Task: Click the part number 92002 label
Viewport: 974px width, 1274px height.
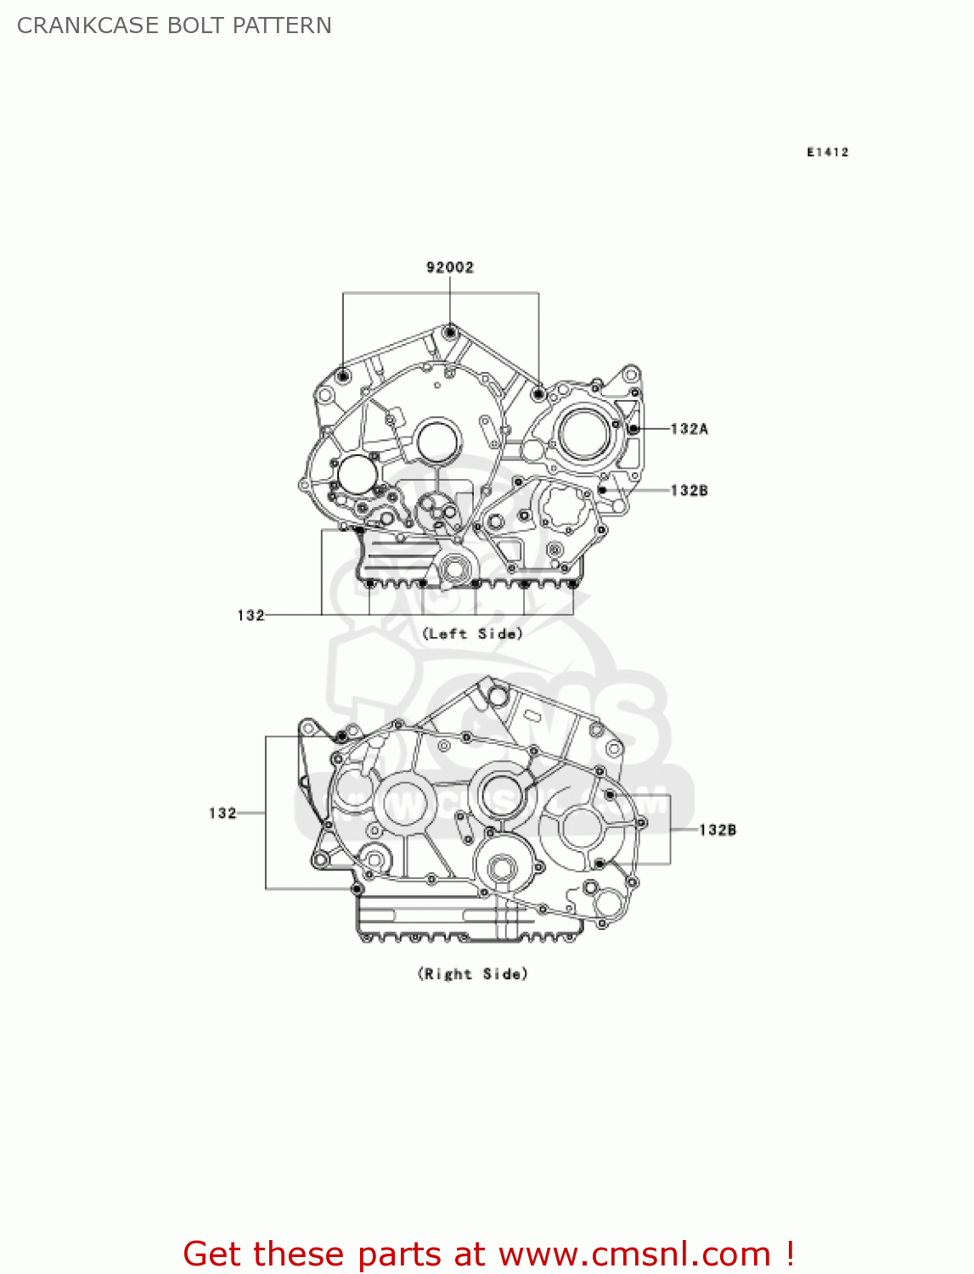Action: pyautogui.click(x=450, y=268)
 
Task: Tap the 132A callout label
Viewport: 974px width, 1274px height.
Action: pyautogui.click(x=689, y=429)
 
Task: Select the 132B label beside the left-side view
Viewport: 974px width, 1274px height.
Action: pyautogui.click(x=689, y=490)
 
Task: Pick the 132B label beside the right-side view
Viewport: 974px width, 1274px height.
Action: pyautogui.click(x=718, y=830)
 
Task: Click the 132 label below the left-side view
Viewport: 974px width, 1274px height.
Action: pyautogui.click(x=251, y=615)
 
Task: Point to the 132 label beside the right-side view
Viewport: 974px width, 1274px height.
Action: pyautogui.click(x=222, y=813)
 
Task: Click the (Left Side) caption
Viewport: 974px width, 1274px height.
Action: pyautogui.click(x=473, y=634)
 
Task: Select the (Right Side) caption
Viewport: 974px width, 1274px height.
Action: pyautogui.click(x=473, y=973)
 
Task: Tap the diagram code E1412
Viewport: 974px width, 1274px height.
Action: pyautogui.click(x=827, y=152)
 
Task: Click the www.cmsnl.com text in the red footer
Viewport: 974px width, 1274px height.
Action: pyautogui.click(x=633, y=1254)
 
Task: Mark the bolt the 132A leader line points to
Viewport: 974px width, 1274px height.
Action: pyautogui.click(x=633, y=429)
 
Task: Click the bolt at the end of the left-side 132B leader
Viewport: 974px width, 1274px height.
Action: pyautogui.click(x=602, y=490)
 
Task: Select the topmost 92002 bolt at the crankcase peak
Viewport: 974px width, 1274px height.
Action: pyautogui.click(x=450, y=331)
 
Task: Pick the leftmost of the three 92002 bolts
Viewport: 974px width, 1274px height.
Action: pyautogui.click(x=343, y=376)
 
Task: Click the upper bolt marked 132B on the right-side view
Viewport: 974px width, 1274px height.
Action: pyautogui.click(x=610, y=795)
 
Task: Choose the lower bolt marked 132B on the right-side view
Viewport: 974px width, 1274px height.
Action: pyautogui.click(x=600, y=864)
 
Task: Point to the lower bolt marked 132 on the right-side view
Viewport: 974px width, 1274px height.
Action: pyautogui.click(x=357, y=889)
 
